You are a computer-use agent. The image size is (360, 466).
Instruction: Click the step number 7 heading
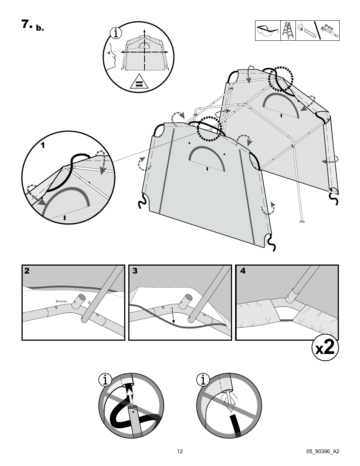pos(27,25)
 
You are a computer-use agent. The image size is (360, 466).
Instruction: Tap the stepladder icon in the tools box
pos(287,31)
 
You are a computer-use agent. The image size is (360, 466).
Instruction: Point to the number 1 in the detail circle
pos(43,145)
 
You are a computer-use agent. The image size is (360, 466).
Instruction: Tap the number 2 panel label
pos(27,271)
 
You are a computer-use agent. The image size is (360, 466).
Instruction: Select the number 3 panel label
pos(135,271)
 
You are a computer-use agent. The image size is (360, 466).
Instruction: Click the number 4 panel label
pos(243,271)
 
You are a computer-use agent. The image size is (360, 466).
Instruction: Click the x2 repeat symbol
pos(325,348)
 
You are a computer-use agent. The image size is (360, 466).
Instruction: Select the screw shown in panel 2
pos(60,301)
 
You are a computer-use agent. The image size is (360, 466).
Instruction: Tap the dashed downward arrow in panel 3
pos(173,315)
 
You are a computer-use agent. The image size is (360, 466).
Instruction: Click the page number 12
pos(180,451)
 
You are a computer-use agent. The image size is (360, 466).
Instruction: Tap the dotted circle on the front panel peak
pos(209,128)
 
